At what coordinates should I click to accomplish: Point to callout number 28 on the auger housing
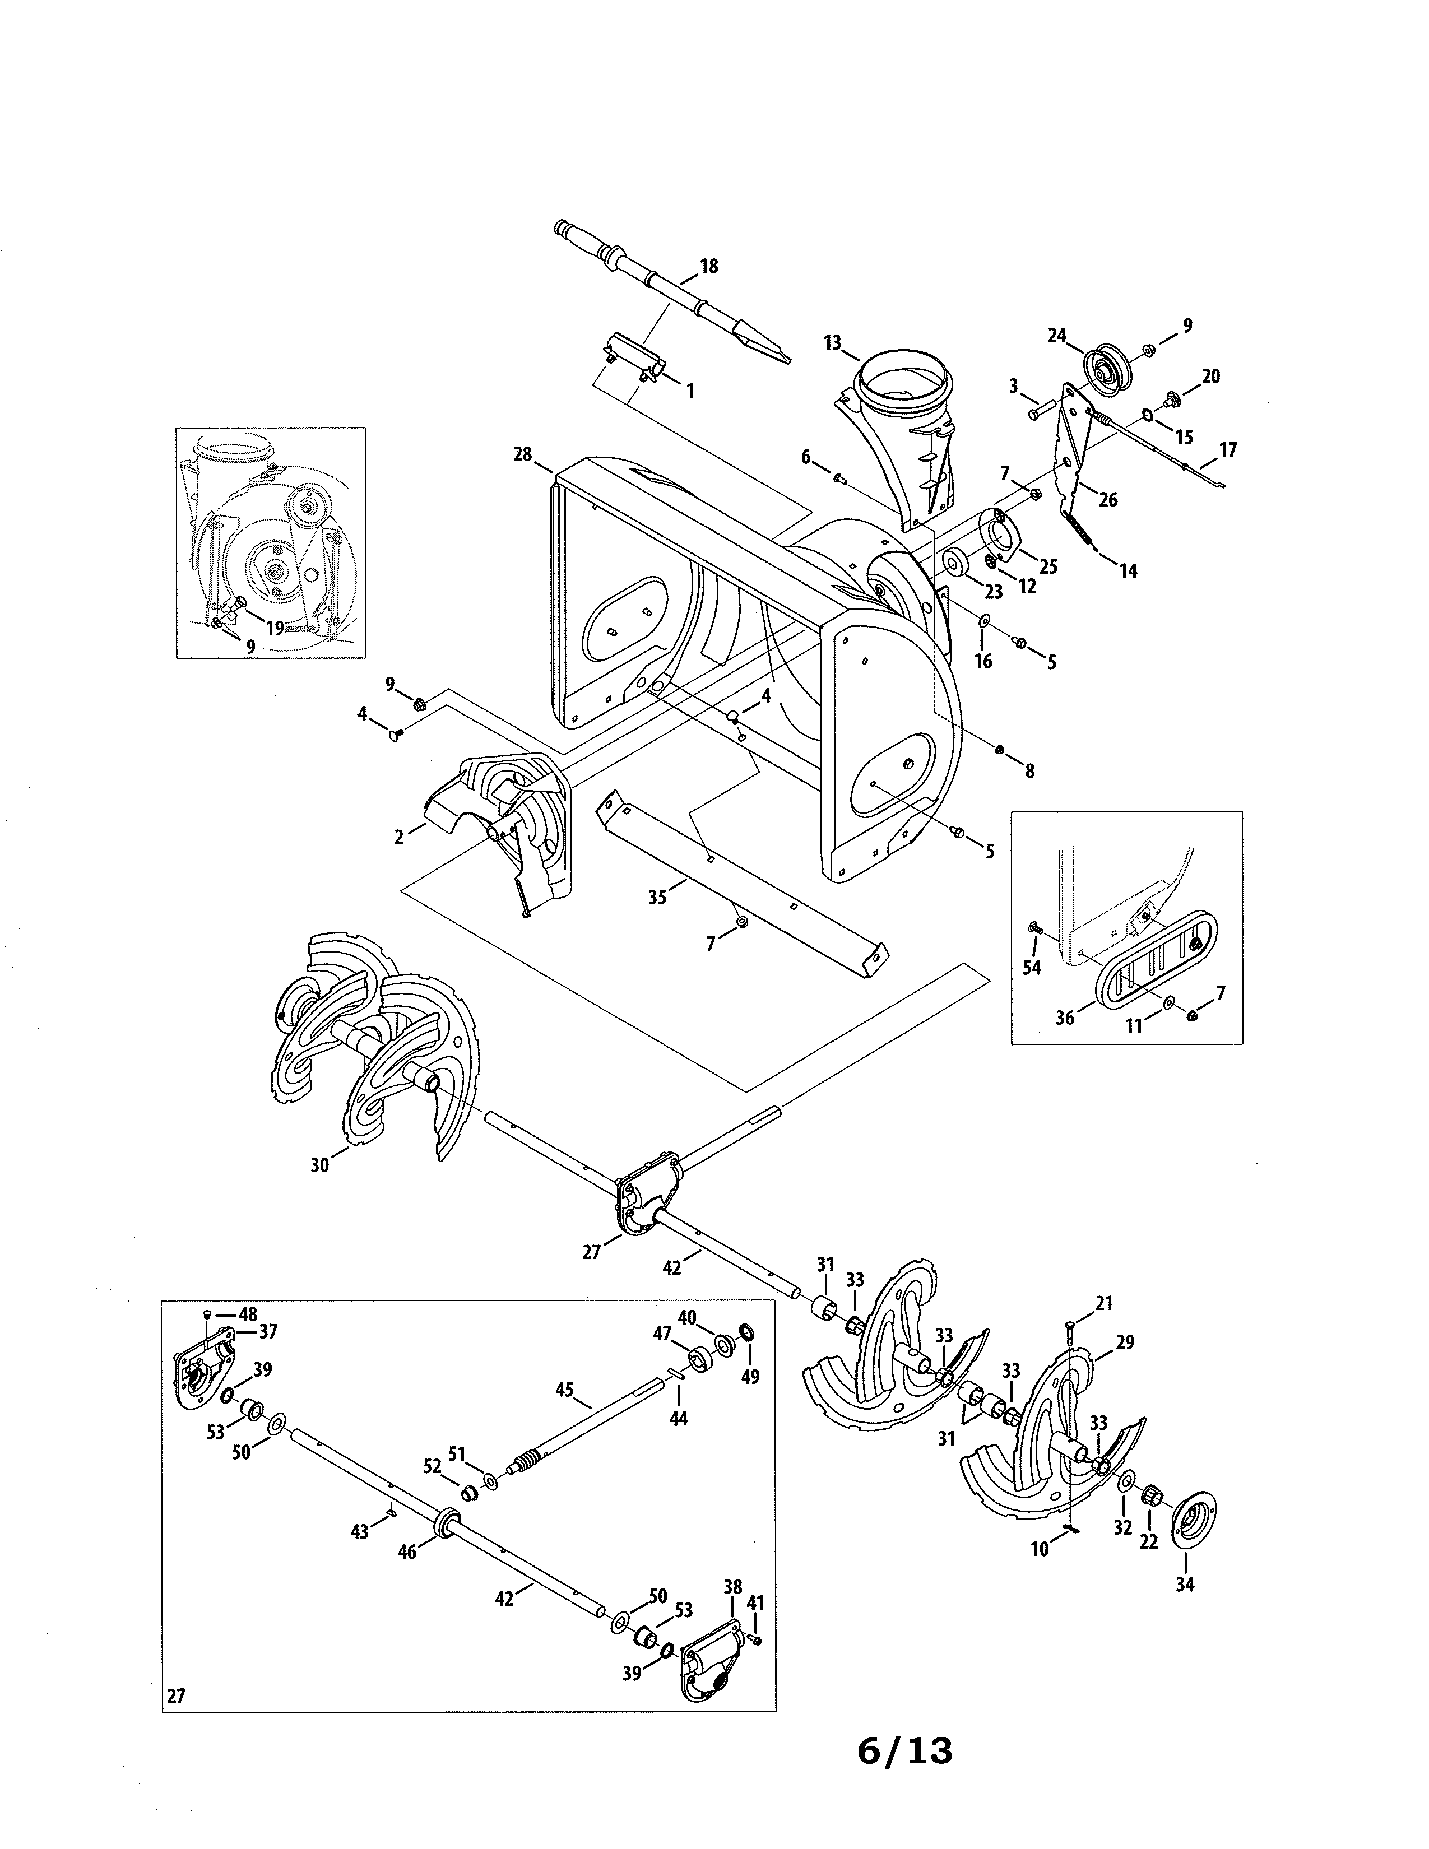coord(522,454)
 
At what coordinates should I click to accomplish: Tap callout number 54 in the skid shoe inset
coord(1031,967)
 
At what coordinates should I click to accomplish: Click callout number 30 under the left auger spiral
coord(319,1165)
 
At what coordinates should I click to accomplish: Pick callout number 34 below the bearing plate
coord(1184,1583)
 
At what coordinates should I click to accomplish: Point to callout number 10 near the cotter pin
coord(1040,1549)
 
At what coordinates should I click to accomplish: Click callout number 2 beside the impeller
coord(399,837)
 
